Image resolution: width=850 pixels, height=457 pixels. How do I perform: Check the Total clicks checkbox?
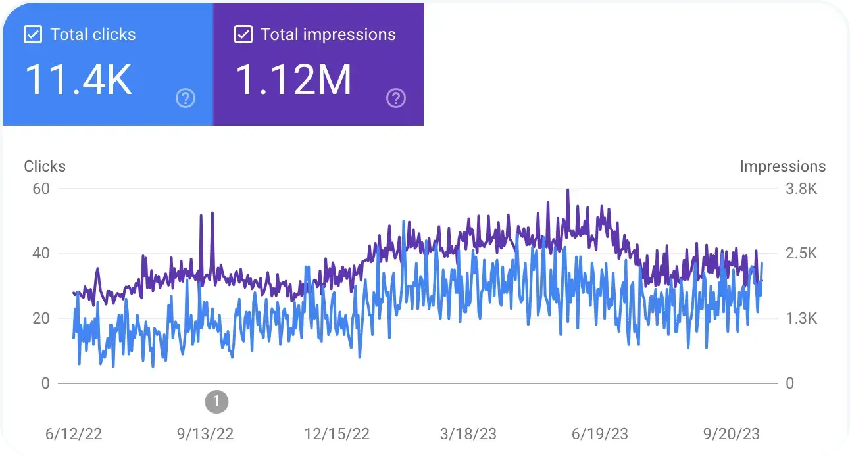pyautogui.click(x=33, y=35)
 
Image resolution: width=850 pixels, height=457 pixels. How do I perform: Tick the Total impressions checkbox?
pyautogui.click(x=243, y=35)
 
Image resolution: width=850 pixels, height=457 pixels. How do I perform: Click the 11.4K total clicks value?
pyautogui.click(x=79, y=80)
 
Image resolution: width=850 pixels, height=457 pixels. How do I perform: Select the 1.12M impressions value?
pyautogui.click(x=293, y=80)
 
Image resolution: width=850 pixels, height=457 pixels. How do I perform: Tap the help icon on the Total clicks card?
pyautogui.click(x=186, y=99)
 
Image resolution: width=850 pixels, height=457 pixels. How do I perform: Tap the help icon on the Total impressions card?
pyautogui.click(x=395, y=99)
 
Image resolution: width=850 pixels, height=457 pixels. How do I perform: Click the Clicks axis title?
pyautogui.click(x=45, y=166)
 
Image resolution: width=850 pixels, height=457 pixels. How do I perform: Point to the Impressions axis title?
pyautogui.click(x=782, y=166)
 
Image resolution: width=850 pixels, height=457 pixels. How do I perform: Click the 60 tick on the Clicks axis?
pyautogui.click(x=41, y=189)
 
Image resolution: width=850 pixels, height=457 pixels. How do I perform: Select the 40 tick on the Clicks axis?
pyautogui.click(x=41, y=254)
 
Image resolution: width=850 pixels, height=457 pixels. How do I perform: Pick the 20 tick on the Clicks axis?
pyautogui.click(x=41, y=318)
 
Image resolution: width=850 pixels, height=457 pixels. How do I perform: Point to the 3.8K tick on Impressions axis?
pyautogui.click(x=802, y=189)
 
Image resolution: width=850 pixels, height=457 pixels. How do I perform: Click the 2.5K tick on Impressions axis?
pyautogui.click(x=802, y=254)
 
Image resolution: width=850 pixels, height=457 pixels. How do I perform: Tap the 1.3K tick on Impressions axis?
pyautogui.click(x=802, y=318)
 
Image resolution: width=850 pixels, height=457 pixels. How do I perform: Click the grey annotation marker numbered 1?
pyautogui.click(x=216, y=400)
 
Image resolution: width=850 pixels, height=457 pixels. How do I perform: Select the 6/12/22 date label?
pyautogui.click(x=74, y=434)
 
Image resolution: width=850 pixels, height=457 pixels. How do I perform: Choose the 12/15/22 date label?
pyautogui.click(x=337, y=434)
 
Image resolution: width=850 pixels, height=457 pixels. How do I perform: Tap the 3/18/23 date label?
pyautogui.click(x=469, y=434)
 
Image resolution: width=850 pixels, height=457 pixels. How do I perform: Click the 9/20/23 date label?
pyautogui.click(x=732, y=434)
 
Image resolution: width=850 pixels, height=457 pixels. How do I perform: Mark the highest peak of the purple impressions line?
pyautogui.click(x=567, y=190)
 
